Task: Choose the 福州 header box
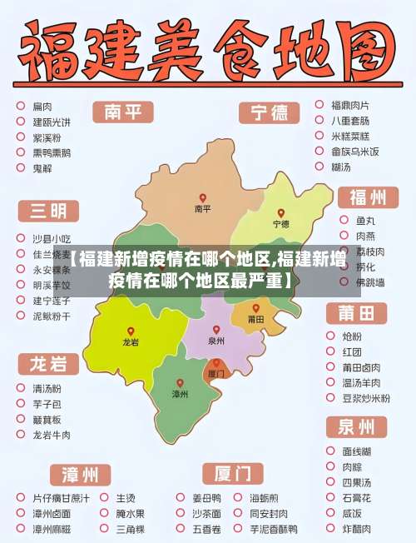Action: pos(367,197)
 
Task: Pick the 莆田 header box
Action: pos(361,313)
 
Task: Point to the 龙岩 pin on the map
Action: pos(131,331)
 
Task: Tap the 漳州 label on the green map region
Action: pos(180,393)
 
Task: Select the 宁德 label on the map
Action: pos(281,224)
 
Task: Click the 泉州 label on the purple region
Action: pos(216,341)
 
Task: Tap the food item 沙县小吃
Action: pos(52,239)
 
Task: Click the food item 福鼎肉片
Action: pos(349,106)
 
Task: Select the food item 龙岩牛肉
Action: pos(52,435)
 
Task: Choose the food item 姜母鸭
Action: pos(207,498)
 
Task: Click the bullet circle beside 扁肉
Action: pos(20,106)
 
